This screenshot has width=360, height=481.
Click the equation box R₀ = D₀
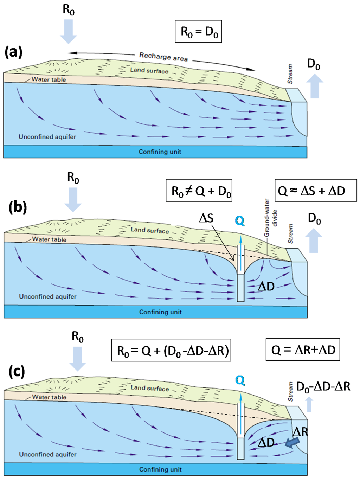(x=199, y=32)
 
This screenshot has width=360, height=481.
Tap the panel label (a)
(x=13, y=52)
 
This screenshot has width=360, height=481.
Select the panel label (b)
(x=18, y=207)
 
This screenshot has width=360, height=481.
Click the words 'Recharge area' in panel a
(x=163, y=57)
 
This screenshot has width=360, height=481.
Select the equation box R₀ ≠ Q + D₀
(x=199, y=191)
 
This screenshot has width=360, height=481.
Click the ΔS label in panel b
(x=206, y=218)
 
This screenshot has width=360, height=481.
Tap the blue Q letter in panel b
(x=240, y=221)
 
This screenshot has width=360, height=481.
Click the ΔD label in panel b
(x=266, y=287)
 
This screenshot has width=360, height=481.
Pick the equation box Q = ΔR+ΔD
(x=303, y=350)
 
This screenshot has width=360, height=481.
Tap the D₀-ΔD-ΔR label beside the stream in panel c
(x=323, y=386)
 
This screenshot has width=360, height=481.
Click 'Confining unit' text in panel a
(x=160, y=152)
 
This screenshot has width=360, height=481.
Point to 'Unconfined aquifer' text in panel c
(x=48, y=454)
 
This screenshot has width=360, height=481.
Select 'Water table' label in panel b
(x=49, y=239)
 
